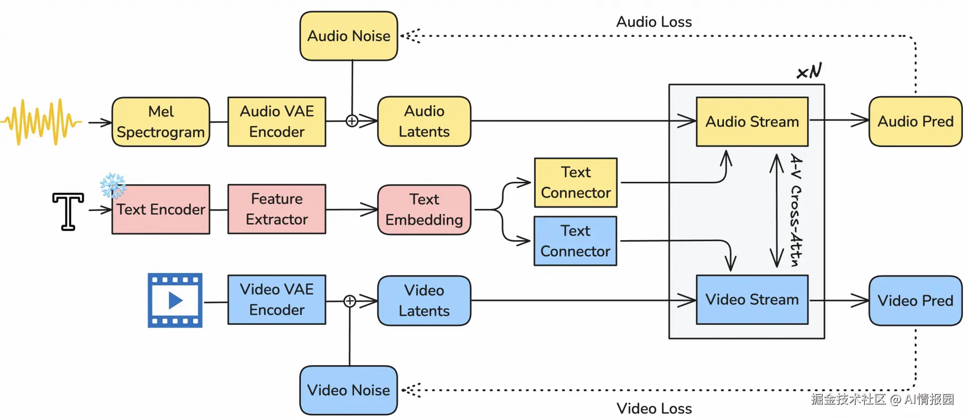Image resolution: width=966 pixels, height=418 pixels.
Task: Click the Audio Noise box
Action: (349, 36)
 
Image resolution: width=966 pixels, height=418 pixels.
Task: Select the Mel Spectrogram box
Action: (160, 122)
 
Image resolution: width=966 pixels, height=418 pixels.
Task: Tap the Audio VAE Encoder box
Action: (277, 122)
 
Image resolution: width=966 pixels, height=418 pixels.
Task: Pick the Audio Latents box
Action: (424, 121)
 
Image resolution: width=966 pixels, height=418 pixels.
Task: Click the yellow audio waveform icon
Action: (41, 122)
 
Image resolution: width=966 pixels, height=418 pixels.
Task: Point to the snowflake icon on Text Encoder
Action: (113, 185)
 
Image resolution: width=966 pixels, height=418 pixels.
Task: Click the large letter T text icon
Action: (68, 211)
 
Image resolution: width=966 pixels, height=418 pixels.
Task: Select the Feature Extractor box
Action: (277, 209)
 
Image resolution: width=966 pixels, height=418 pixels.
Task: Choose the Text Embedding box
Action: (424, 210)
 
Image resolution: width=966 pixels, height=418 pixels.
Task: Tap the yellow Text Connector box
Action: (576, 182)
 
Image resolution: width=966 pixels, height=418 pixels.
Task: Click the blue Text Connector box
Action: (575, 241)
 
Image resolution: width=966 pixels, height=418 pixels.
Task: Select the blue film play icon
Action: (175, 301)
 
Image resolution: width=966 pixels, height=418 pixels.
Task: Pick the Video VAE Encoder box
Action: (277, 300)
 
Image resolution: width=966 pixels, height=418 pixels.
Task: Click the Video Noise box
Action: (348, 390)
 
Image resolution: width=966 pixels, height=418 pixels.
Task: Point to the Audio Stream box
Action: (752, 122)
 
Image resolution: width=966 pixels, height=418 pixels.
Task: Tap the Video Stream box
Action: (752, 300)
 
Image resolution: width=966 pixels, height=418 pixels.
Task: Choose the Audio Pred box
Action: (915, 121)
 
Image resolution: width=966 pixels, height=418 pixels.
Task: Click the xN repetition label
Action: (809, 72)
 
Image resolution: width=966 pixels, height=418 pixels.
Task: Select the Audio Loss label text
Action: (654, 22)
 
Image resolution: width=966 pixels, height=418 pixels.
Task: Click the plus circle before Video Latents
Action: (350, 301)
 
